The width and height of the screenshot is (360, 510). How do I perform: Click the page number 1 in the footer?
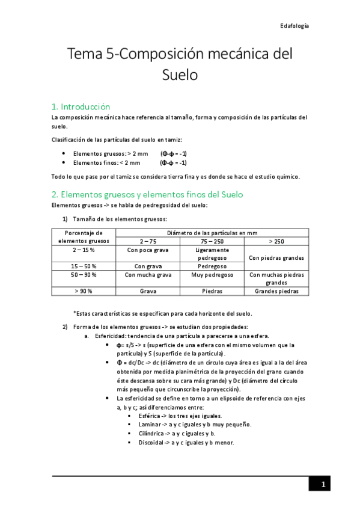click(x=323, y=485)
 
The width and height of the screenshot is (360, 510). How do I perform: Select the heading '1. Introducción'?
click(x=81, y=106)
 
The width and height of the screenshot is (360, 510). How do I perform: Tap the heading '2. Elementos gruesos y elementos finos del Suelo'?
click(x=147, y=194)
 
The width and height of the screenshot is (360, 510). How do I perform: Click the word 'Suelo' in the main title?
click(x=180, y=75)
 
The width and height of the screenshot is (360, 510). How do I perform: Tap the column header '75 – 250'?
click(x=212, y=241)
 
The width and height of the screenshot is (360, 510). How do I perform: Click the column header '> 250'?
click(x=276, y=241)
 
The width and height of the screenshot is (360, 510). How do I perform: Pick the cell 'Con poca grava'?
click(x=148, y=249)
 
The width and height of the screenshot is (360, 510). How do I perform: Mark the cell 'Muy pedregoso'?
click(x=212, y=274)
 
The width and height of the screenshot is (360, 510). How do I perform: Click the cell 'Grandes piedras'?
click(x=276, y=291)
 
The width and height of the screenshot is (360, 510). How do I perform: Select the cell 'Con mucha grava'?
click(x=148, y=274)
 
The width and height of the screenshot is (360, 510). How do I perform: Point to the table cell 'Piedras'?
click(x=212, y=291)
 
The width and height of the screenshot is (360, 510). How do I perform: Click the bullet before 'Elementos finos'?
click(x=64, y=162)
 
